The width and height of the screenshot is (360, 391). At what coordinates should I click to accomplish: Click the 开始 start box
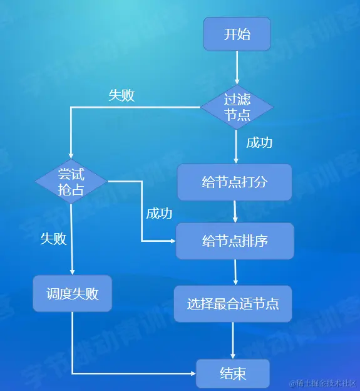coord(237,34)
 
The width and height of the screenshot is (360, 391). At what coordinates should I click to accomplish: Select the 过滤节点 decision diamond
coord(237,107)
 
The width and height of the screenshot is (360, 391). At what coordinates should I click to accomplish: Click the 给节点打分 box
coord(234,182)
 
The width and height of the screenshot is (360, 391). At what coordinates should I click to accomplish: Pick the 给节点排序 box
coord(235,241)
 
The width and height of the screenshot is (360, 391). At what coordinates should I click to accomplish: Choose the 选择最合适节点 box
coord(233,304)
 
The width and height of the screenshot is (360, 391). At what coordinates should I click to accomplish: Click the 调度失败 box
coord(72,293)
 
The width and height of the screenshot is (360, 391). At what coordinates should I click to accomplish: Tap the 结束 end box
coord(233,374)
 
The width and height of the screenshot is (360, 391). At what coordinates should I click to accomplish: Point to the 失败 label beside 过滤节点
coord(121,95)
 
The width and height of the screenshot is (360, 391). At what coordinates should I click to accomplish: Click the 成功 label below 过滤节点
coord(259,142)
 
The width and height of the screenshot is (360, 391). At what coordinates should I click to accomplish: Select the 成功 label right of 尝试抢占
coord(159,213)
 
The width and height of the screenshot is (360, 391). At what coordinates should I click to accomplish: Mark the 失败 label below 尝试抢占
coord(54,239)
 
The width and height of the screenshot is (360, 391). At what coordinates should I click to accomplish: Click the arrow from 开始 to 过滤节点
coord(237,68)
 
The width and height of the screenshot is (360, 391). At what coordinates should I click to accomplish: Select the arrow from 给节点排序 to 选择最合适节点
coord(235,273)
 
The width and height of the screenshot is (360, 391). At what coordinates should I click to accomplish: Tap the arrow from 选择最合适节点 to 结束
coord(233,341)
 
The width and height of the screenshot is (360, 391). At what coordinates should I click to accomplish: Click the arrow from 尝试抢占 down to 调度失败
coord(72,238)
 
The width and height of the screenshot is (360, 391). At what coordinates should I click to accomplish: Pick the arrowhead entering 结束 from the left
coord(192,373)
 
